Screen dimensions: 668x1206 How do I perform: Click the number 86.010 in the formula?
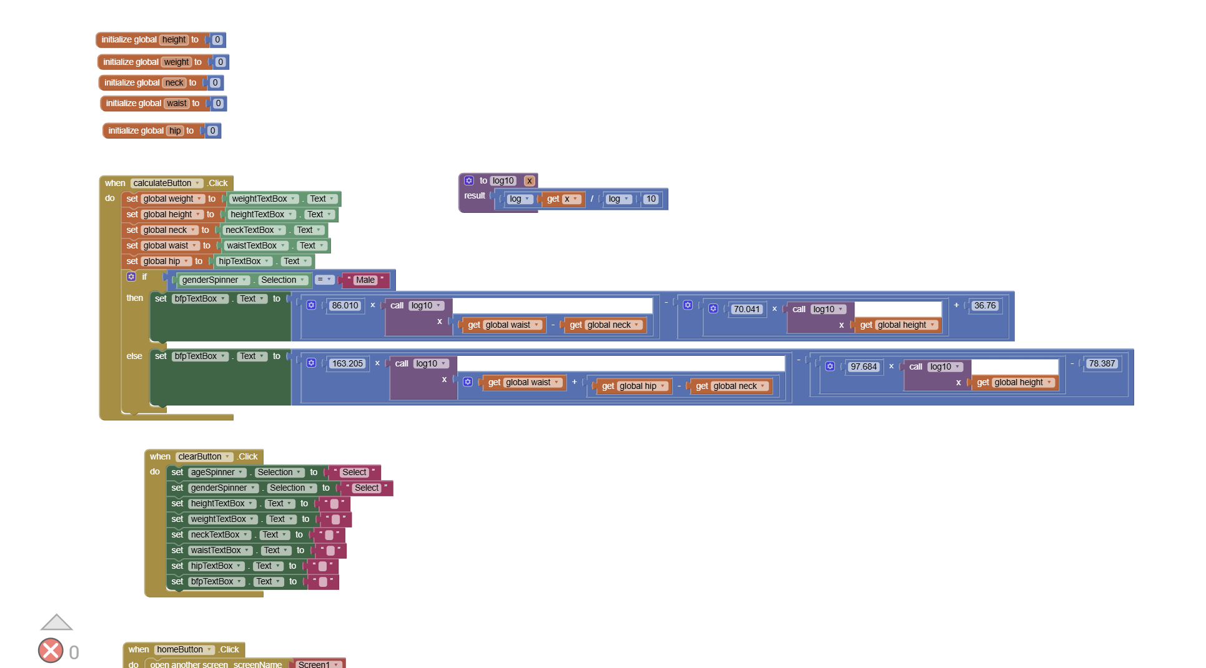tap(345, 305)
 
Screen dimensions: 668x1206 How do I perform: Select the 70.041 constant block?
tap(746, 309)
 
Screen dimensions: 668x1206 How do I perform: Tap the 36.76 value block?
tap(985, 305)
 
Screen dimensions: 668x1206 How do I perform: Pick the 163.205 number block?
tap(347, 363)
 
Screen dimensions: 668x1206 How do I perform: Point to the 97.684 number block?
tap(864, 366)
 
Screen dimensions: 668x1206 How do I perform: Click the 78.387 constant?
tap(1102, 363)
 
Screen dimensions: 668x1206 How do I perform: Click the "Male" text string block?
tap(365, 280)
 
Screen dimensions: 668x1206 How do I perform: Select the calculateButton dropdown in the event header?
tap(167, 183)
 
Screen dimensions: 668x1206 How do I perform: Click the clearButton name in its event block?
tap(204, 456)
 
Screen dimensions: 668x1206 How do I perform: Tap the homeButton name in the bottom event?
tap(184, 649)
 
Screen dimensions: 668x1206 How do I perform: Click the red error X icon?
tap(51, 651)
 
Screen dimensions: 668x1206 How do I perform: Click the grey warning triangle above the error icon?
tap(56, 622)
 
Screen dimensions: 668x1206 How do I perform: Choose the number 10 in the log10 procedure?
tap(651, 199)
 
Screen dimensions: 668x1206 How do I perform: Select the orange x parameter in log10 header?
tap(530, 180)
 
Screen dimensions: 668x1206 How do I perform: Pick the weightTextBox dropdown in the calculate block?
tap(263, 199)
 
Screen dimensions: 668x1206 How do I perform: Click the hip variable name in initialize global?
tap(175, 130)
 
